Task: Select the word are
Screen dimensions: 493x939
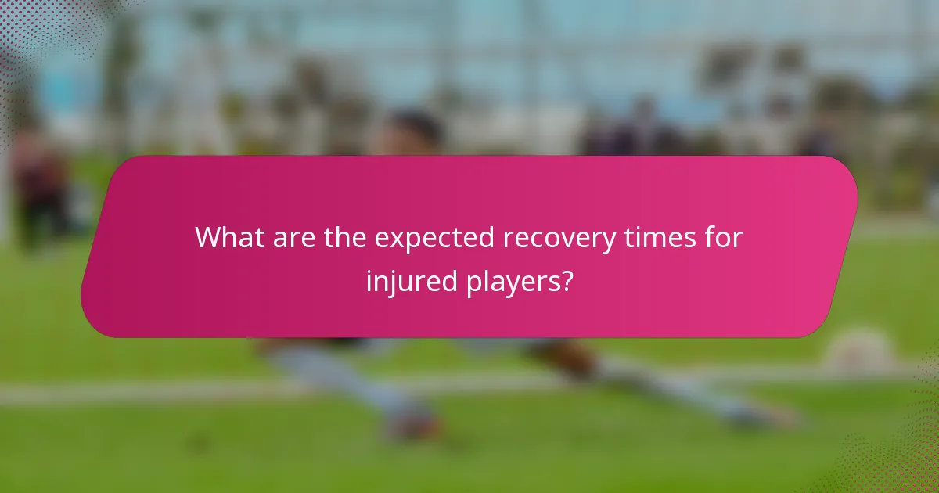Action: tap(292, 237)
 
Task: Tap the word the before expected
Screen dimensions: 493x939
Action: tap(344, 237)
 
